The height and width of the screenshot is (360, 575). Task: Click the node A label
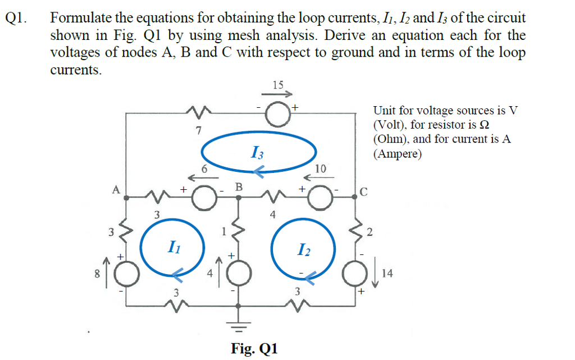pos(116,189)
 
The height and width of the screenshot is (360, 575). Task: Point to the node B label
pos(238,186)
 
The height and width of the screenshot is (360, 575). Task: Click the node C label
pos(364,193)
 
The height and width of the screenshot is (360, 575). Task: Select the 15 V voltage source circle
pos(277,115)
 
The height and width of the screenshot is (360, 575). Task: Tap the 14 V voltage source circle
pos(355,274)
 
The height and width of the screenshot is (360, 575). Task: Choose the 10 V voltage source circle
pos(320,198)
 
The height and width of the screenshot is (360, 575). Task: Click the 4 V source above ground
pos(239,274)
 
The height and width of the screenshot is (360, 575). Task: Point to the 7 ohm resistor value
pos(198,130)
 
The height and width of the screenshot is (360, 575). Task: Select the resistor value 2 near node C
pos(369,233)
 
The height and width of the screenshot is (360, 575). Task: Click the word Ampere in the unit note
pos(400,153)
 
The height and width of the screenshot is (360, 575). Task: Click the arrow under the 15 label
pos(278,95)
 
